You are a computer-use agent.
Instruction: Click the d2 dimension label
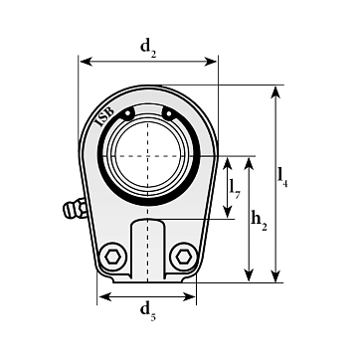[148, 48]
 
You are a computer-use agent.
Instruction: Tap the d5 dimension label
[148, 312]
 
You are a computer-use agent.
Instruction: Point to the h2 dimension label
[259, 221]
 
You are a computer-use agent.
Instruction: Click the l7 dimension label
[235, 189]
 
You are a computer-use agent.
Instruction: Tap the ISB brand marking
[105, 117]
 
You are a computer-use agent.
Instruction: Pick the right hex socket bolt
[184, 257]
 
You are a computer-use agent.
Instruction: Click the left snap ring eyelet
[127, 113]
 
